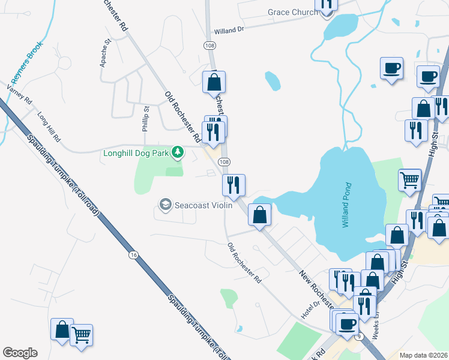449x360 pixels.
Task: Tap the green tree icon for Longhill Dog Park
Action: click(x=177, y=152)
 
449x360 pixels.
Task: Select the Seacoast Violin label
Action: click(x=199, y=205)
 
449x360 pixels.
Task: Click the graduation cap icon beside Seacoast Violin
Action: click(x=164, y=205)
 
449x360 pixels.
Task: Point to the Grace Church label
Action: click(x=285, y=12)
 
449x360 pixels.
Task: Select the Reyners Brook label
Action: click(x=27, y=62)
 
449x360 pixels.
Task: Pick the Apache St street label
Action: click(x=106, y=53)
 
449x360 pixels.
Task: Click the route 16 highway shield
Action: click(x=133, y=256)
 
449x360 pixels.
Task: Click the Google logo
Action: click(x=20, y=353)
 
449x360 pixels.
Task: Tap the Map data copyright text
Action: click(x=423, y=355)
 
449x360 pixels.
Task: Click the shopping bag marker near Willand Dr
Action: click(x=214, y=82)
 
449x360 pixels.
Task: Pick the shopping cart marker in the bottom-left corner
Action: click(x=81, y=334)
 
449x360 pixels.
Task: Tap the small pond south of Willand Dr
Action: click(x=273, y=80)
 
